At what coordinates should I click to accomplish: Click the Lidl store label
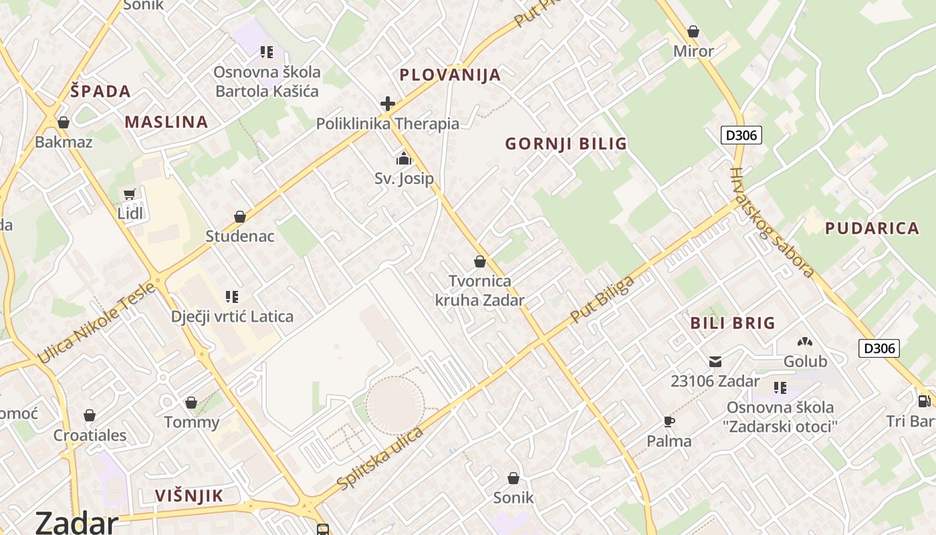tap(130, 213)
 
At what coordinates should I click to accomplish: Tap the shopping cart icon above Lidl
tap(130, 195)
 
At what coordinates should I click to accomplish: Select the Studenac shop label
tap(239, 236)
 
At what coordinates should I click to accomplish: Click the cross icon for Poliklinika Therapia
tap(387, 104)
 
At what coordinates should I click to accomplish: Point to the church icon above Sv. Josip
tap(403, 159)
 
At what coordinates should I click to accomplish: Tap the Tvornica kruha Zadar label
tap(479, 290)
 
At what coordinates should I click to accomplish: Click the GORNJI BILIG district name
tap(566, 144)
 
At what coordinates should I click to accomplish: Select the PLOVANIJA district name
tap(450, 75)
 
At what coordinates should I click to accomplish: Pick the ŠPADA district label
tap(100, 92)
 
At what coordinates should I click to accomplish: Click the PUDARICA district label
tap(872, 228)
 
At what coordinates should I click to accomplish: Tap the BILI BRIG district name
tap(732, 323)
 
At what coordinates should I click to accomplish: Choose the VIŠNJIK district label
tap(189, 496)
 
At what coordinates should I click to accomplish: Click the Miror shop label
tap(693, 51)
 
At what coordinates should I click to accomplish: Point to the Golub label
tap(805, 362)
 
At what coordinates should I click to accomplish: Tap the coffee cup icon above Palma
tap(669, 421)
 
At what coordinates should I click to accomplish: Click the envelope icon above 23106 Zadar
tap(715, 362)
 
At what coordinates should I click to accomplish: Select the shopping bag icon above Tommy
tap(191, 403)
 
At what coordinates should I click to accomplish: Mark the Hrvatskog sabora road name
tap(772, 222)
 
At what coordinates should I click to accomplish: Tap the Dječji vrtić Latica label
tap(232, 316)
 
